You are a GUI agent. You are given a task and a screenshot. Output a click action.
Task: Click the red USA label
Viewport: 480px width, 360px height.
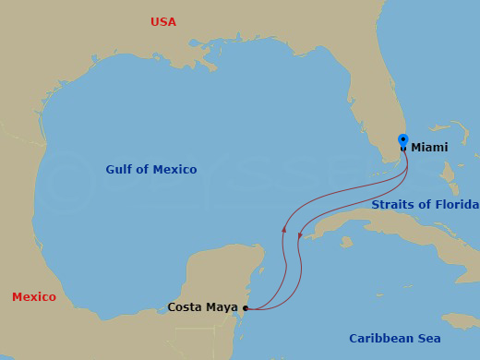point(163,22)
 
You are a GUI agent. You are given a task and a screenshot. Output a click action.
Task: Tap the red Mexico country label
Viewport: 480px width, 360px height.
point(34,297)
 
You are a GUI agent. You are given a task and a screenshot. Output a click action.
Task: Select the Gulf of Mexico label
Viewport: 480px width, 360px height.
point(150,170)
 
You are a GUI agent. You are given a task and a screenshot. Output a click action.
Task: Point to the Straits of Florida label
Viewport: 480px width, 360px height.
point(425,205)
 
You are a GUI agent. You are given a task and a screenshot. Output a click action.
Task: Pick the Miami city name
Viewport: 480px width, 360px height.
point(429,148)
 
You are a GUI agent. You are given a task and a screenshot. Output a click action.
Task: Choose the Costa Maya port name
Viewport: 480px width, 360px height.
point(202,307)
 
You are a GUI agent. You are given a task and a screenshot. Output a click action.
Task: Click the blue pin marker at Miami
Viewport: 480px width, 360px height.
point(403,141)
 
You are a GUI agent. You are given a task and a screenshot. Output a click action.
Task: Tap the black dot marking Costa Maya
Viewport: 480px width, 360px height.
point(246,308)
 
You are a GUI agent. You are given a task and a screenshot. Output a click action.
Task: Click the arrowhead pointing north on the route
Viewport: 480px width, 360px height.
point(284,228)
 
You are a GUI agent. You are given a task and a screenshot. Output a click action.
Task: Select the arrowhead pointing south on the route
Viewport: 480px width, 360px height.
point(300,235)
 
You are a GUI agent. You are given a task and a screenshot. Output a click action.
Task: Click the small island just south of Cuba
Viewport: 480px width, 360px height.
point(346,242)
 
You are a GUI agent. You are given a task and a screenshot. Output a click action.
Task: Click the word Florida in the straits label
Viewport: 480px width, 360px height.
point(456,205)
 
